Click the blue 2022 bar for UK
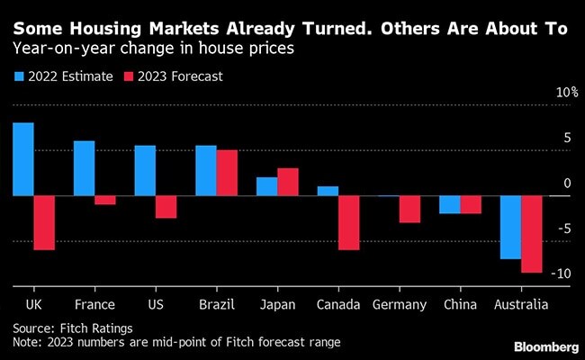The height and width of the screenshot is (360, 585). (23, 159)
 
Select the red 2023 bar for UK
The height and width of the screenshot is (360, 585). (45, 222)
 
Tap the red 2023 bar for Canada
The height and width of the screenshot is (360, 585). (349, 222)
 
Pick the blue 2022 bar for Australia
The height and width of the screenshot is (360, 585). (510, 227)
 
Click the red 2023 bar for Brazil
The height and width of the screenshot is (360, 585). (227, 173)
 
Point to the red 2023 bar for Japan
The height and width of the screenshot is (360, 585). (288, 182)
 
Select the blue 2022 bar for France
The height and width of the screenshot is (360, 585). (84, 168)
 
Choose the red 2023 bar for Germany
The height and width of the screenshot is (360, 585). (410, 209)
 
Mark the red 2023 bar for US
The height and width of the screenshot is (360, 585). (166, 207)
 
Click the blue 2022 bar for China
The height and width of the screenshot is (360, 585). (449, 204)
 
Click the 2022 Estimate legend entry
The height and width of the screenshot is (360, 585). (64, 76)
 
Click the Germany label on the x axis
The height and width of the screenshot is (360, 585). (400, 305)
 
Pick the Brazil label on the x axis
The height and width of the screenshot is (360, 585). (216, 305)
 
